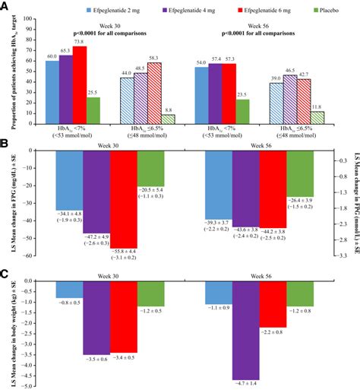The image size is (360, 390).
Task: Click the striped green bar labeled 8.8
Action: (169, 119)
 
